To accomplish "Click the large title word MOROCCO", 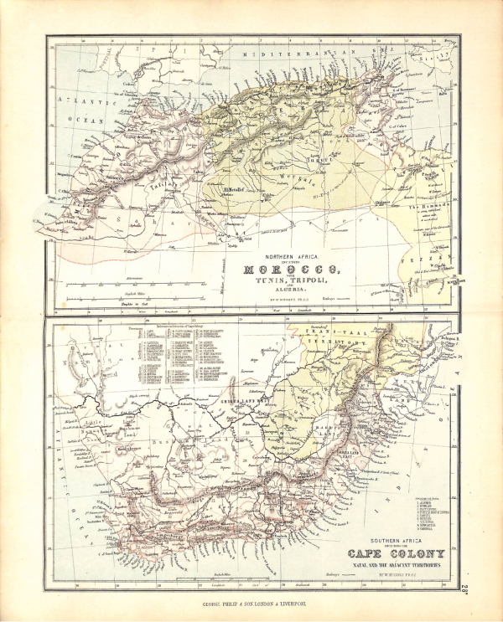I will pos(291,269).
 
